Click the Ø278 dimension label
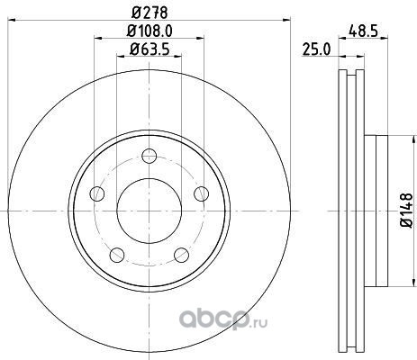150,12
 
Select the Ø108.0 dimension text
150,31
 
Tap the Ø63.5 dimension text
150,49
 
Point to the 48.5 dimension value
363,31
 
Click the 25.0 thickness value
316,49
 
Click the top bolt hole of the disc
150,156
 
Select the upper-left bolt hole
97,193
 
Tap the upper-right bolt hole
202,193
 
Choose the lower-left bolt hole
117,255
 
